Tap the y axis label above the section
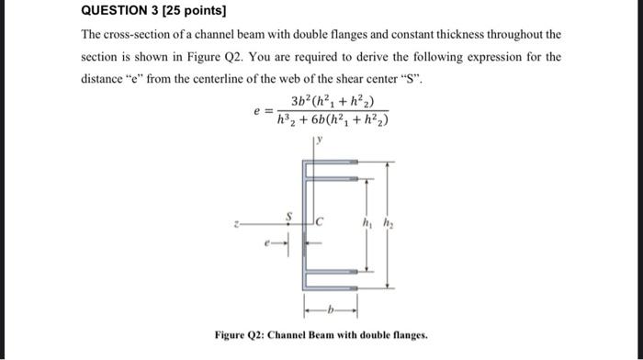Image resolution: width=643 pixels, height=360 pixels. (321, 141)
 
